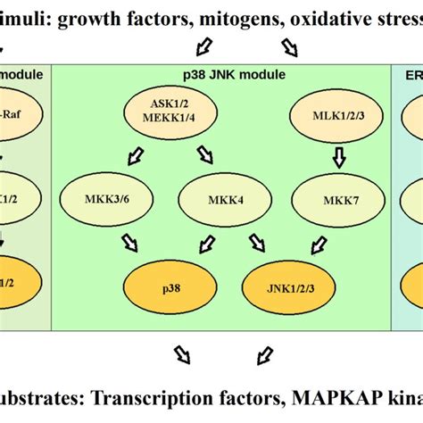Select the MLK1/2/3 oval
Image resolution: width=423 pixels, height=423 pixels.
coord(336,115)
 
